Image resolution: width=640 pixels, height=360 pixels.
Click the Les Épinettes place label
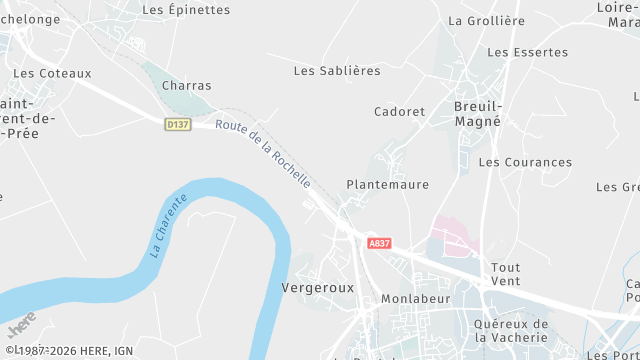(x=186, y=10)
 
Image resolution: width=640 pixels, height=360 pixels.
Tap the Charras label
(x=186, y=86)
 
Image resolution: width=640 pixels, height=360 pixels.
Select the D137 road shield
(x=177, y=123)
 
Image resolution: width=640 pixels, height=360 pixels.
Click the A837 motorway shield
(x=379, y=243)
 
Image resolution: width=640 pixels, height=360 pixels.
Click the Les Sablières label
(x=337, y=71)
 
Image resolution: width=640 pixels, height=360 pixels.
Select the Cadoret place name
(x=399, y=111)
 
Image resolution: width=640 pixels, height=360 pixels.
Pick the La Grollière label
(x=486, y=20)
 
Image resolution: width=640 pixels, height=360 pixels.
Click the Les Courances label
(x=525, y=162)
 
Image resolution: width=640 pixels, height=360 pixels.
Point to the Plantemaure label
(x=387, y=185)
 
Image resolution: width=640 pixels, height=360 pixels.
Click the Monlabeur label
(x=416, y=299)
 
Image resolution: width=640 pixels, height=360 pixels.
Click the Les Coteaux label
(x=52, y=73)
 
